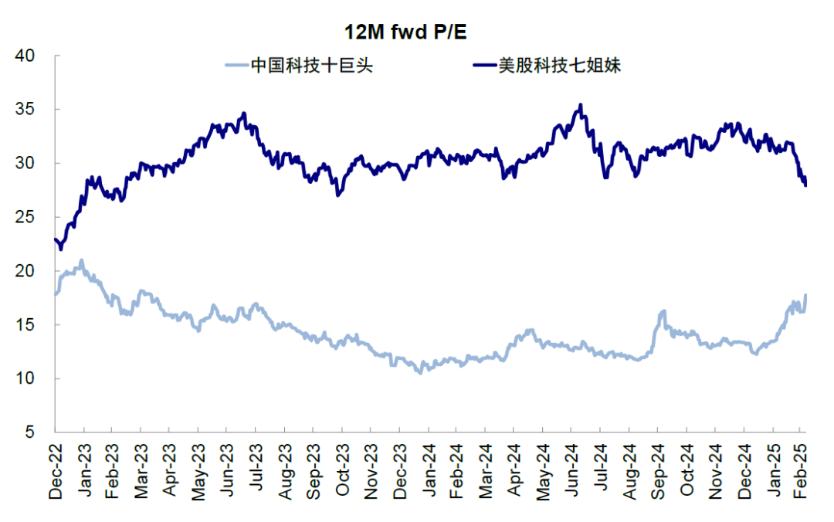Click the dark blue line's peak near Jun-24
pyautogui.click(x=580, y=105)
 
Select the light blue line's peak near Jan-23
pyautogui.click(x=82, y=260)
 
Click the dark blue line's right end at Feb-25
pyautogui.click(x=806, y=185)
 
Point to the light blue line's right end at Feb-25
pyautogui.click(x=806, y=294)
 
